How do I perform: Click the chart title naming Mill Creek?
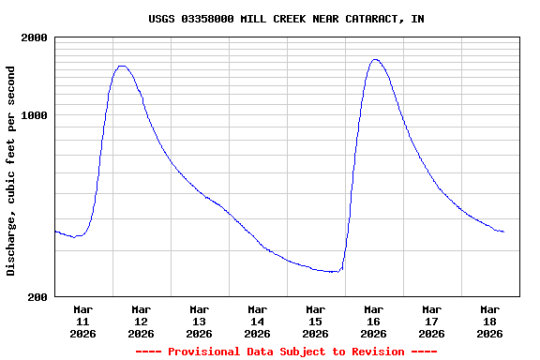pyautogui.click(x=286, y=19)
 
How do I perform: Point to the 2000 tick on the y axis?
pyautogui.click(x=36, y=37)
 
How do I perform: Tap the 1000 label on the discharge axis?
pyautogui.click(x=36, y=115)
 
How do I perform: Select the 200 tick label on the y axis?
pyautogui.click(x=38, y=297)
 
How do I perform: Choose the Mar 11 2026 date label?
pyautogui.click(x=82, y=321)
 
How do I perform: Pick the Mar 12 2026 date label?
pyautogui.click(x=141, y=321)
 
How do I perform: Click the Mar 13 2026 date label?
pyautogui.click(x=199, y=321)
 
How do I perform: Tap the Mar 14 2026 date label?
pyautogui.click(x=257, y=321)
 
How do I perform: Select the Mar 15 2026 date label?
pyautogui.click(x=315, y=321)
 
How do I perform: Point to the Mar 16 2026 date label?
pyautogui.click(x=373, y=321)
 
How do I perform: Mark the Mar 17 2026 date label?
pyautogui.click(x=431, y=321)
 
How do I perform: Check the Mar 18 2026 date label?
pyautogui.click(x=489, y=321)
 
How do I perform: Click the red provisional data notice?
pyautogui.click(x=286, y=352)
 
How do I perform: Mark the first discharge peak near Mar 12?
pyautogui.click(x=122, y=66)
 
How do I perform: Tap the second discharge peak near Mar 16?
pyautogui.click(x=375, y=59)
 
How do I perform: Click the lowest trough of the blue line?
pyautogui.click(x=336, y=272)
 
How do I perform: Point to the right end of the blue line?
pyautogui.click(x=503, y=232)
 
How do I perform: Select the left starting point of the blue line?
pyautogui.click(x=55, y=231)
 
